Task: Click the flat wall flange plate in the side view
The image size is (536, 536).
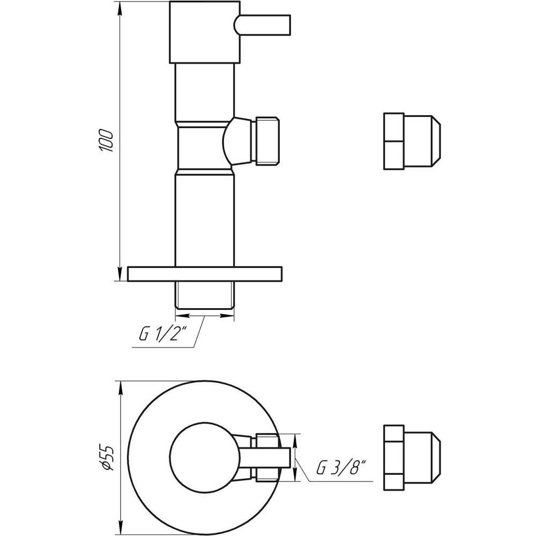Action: click(x=205, y=273)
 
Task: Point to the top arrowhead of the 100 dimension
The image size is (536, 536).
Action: click(x=120, y=6)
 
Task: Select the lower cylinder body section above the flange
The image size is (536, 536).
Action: click(x=205, y=220)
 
